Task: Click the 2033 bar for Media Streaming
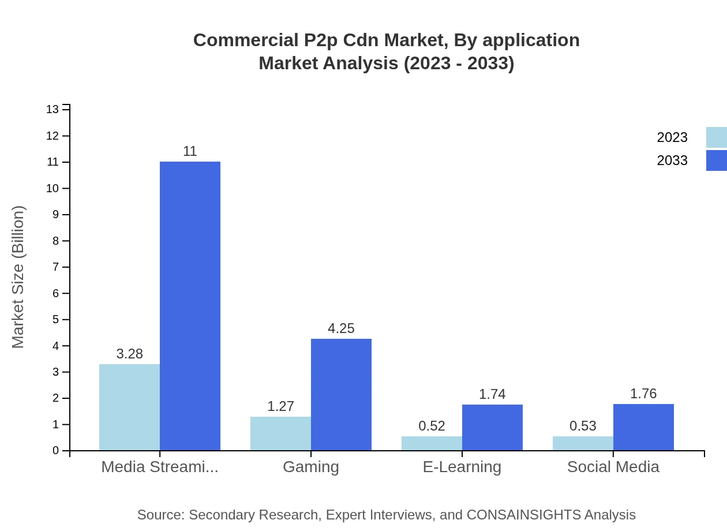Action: [x=190, y=306]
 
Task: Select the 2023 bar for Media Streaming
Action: [x=129, y=407]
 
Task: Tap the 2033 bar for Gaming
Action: [x=341, y=394]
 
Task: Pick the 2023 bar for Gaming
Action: [x=280, y=433]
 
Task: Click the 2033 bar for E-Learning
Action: [x=492, y=427]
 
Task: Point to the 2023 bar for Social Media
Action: [x=583, y=443]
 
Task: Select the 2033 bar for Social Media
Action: [x=643, y=427]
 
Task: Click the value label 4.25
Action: [x=341, y=328]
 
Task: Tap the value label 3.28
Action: [x=129, y=354]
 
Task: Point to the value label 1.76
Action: [x=643, y=394]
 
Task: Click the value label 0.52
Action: [x=432, y=426]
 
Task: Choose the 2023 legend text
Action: [x=672, y=137]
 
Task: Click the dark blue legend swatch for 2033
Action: [x=716, y=160]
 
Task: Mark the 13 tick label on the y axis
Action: [x=53, y=110]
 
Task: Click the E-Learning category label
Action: [x=462, y=466]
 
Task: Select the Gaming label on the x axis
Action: [x=311, y=466]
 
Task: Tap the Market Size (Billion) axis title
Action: [x=18, y=277]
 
